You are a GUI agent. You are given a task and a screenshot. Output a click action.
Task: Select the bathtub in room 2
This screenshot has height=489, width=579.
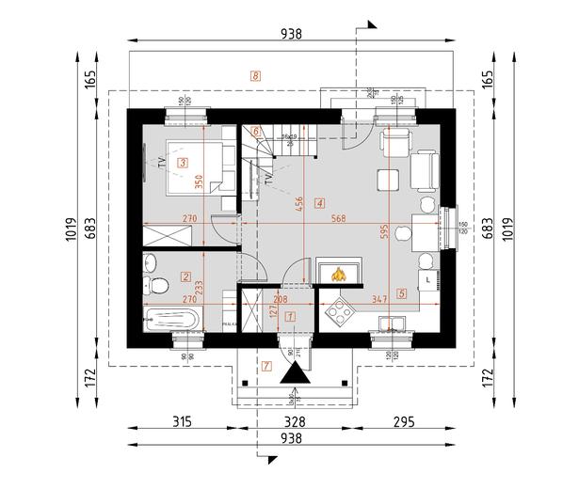tap(172, 319)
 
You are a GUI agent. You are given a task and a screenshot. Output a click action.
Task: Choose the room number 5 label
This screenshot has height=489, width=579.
tap(402, 292)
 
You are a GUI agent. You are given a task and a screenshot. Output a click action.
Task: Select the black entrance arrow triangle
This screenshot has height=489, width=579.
tap(294, 374)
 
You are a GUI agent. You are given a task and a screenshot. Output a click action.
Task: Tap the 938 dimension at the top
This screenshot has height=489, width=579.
tap(292, 34)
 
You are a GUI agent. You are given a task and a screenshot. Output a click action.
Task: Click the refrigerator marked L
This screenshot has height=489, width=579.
tap(429, 279)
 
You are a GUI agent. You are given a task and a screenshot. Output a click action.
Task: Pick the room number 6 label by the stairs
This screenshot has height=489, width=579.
tap(255, 132)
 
